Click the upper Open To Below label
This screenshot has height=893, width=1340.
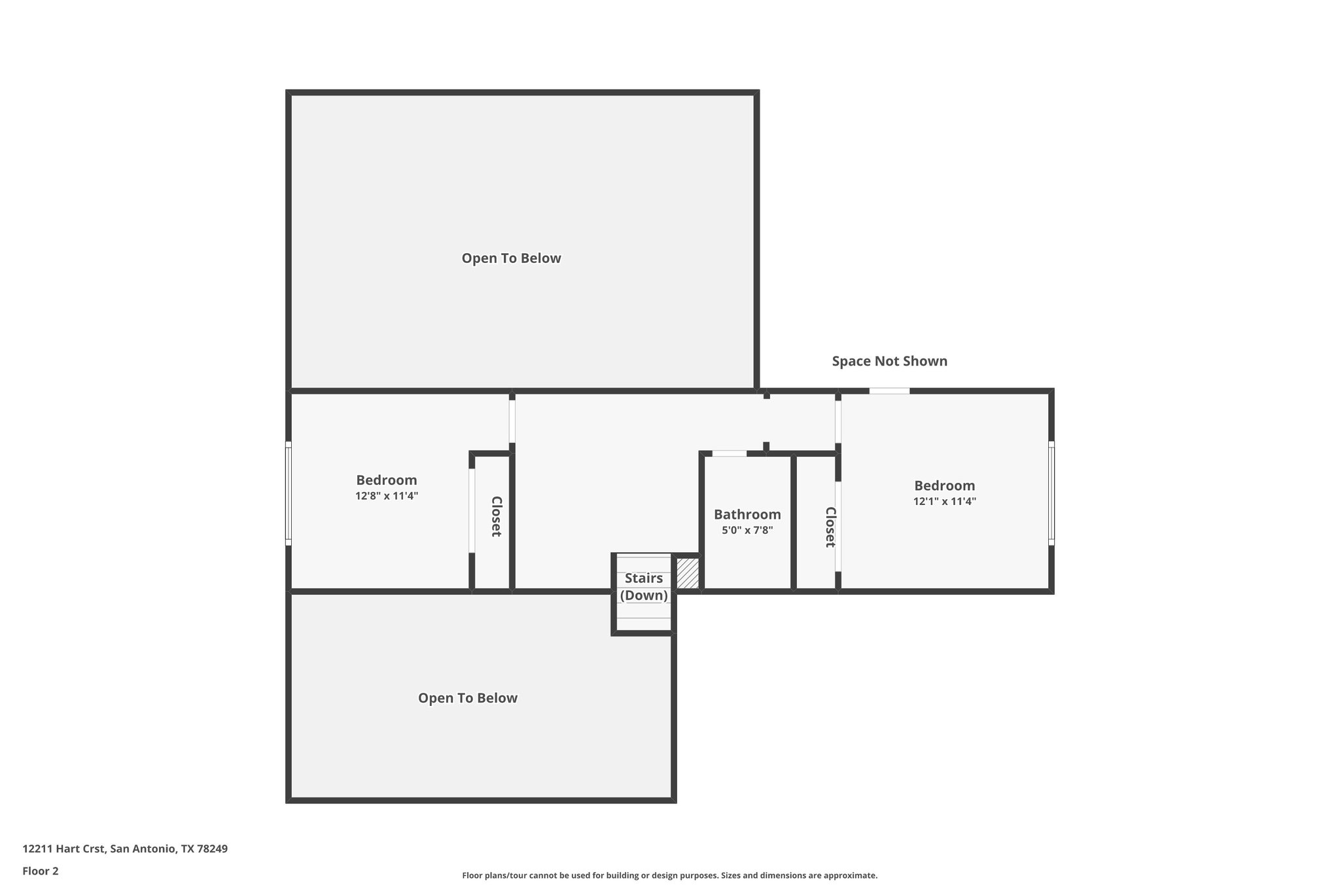pyautogui.click(x=511, y=258)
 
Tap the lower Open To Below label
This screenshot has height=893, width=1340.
pyautogui.click(x=468, y=698)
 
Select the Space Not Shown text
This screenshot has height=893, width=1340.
pyautogui.click(x=889, y=361)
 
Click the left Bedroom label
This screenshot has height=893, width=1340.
pyautogui.click(x=386, y=480)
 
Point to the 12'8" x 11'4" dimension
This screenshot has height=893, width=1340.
pyautogui.click(x=386, y=496)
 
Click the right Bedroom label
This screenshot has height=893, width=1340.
pyautogui.click(x=944, y=485)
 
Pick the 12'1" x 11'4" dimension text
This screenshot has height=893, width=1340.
pyautogui.click(x=944, y=502)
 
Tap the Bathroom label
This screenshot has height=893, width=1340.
pyautogui.click(x=747, y=514)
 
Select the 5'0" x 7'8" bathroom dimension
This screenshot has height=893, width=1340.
pyautogui.click(x=747, y=530)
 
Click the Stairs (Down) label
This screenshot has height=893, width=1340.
pyautogui.click(x=644, y=587)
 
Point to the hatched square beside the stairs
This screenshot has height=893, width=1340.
pyautogui.click(x=687, y=573)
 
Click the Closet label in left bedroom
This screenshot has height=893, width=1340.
pyautogui.click(x=496, y=516)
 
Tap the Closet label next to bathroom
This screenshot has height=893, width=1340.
pyautogui.click(x=830, y=527)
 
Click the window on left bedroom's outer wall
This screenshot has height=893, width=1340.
pyautogui.click(x=288, y=493)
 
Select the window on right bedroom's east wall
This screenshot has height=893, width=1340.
pyautogui.click(x=1051, y=493)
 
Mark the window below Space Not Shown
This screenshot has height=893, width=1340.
pyautogui.click(x=889, y=391)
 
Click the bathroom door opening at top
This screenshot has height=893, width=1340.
pyautogui.click(x=729, y=453)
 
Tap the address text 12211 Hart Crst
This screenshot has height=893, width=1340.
pyautogui.click(x=125, y=849)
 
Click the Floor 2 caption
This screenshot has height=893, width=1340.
pyautogui.click(x=41, y=871)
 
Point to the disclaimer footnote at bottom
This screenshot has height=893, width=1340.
pyautogui.click(x=669, y=875)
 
